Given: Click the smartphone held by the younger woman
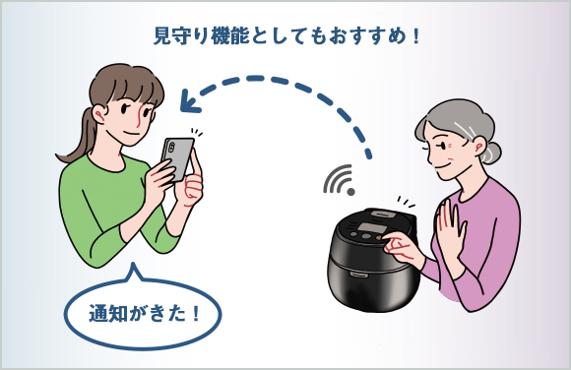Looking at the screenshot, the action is coord(177,158).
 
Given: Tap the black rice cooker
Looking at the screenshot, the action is coord(372,260).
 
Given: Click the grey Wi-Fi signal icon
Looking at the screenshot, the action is coord(340,180).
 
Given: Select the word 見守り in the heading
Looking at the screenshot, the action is coord(180,36).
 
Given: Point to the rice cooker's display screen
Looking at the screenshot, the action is coord(372,229).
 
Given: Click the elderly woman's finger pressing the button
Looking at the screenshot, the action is coord(390,241).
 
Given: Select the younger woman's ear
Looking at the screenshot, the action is coord(98,113).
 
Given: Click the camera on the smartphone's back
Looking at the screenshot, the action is coord(170,148).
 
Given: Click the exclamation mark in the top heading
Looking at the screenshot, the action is coord(416,36).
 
